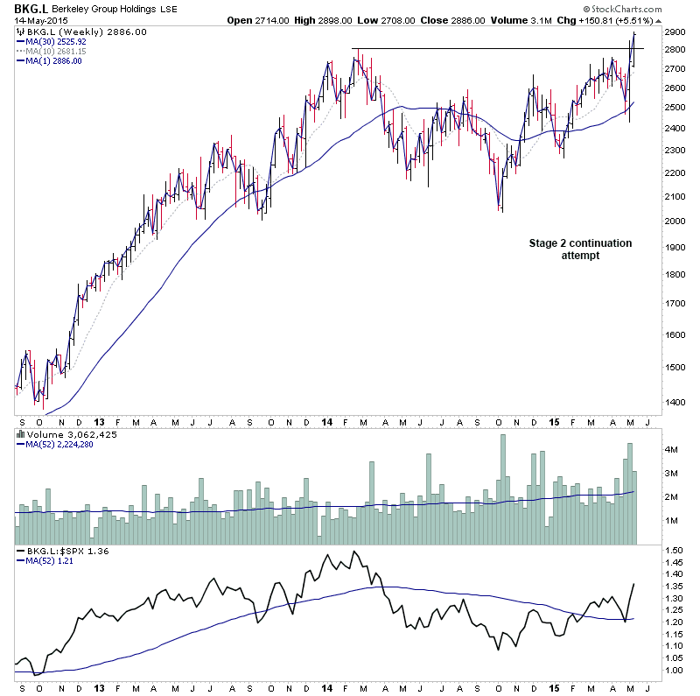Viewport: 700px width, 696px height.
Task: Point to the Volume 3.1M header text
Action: [502, 20]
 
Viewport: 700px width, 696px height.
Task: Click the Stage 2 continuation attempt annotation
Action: [580, 249]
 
